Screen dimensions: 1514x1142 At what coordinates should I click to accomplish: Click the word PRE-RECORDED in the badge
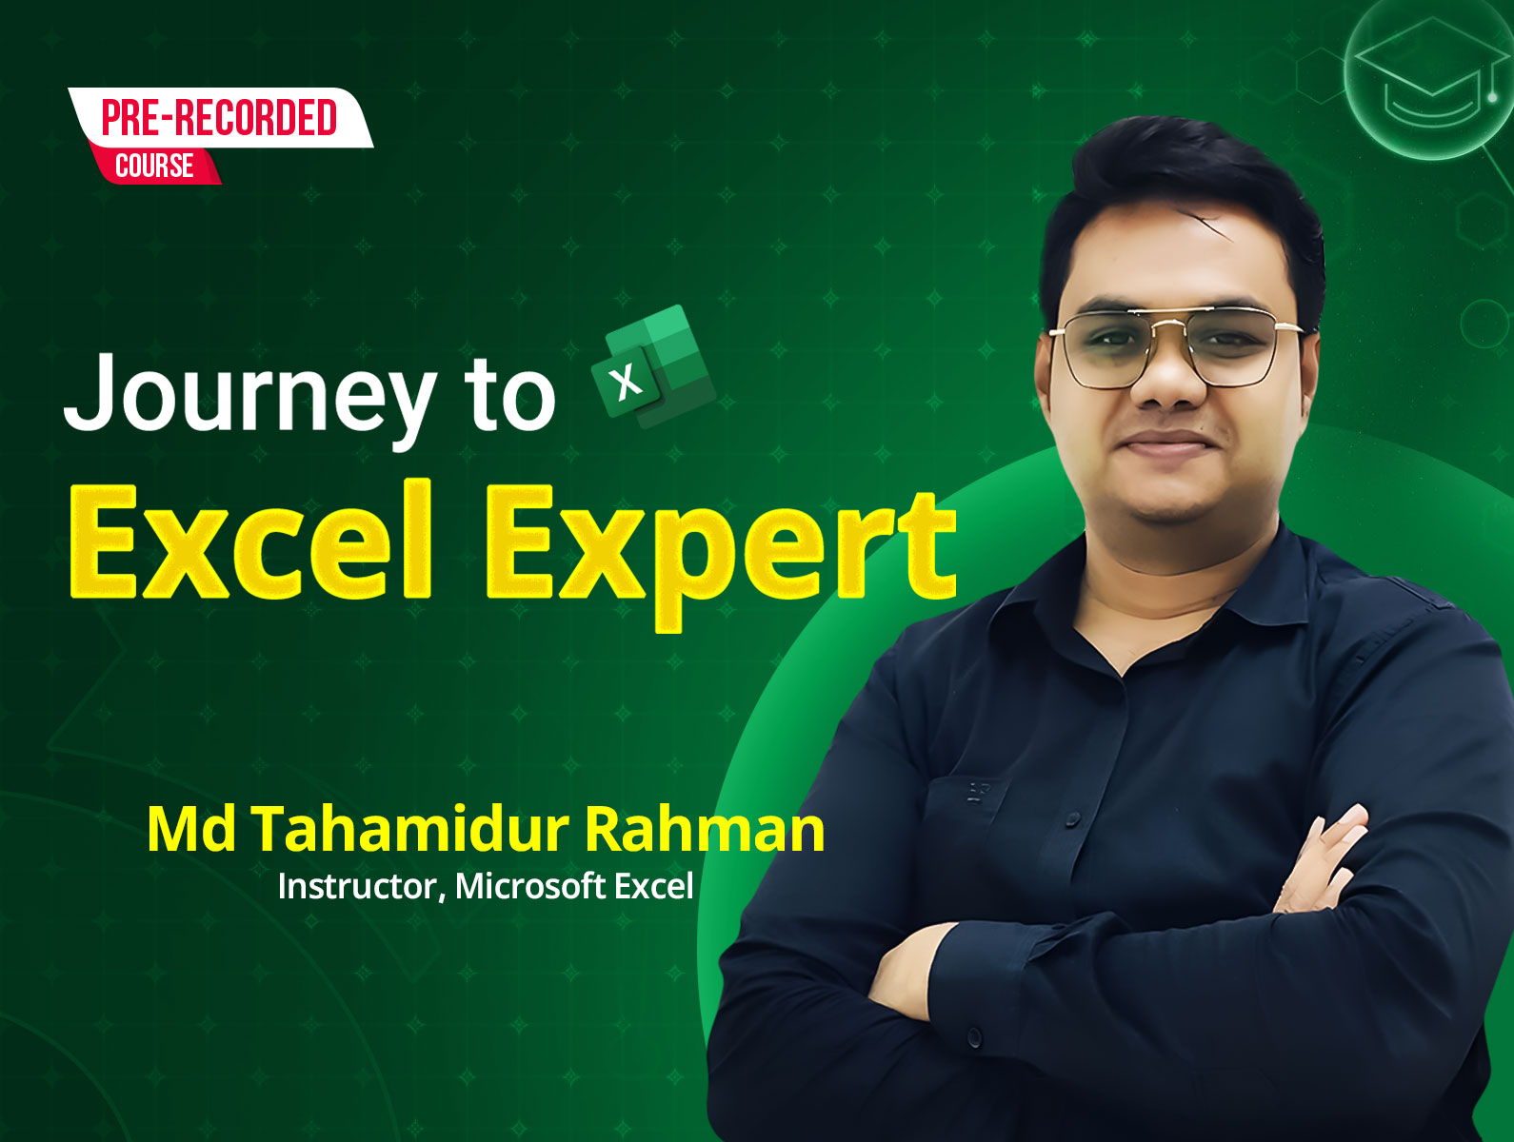(219, 117)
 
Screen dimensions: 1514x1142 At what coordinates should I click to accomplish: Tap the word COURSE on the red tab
(154, 167)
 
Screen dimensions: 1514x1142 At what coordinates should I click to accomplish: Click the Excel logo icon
(652, 366)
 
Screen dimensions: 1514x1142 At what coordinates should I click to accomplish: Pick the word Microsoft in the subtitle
(529, 886)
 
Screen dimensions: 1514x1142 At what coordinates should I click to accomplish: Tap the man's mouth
(1165, 443)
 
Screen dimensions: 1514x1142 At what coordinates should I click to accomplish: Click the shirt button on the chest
(1073, 819)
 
